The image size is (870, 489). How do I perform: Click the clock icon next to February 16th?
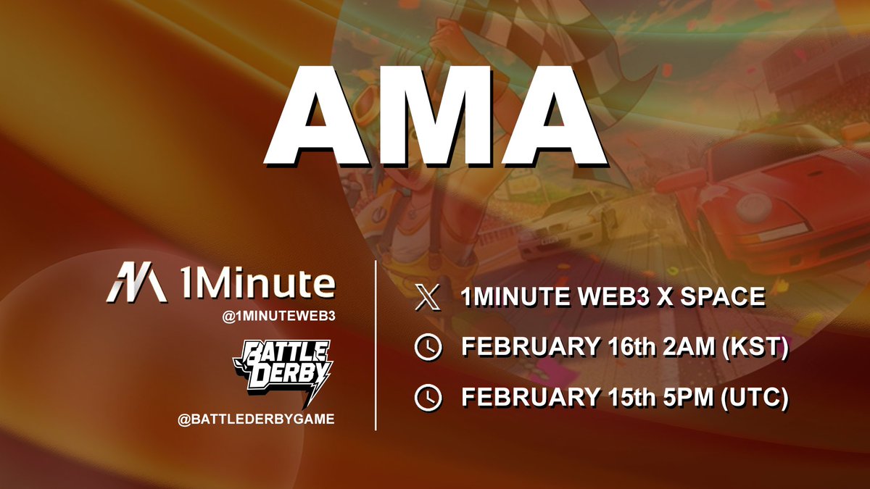[x=428, y=348]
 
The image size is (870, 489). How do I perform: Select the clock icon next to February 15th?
[x=428, y=397]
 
